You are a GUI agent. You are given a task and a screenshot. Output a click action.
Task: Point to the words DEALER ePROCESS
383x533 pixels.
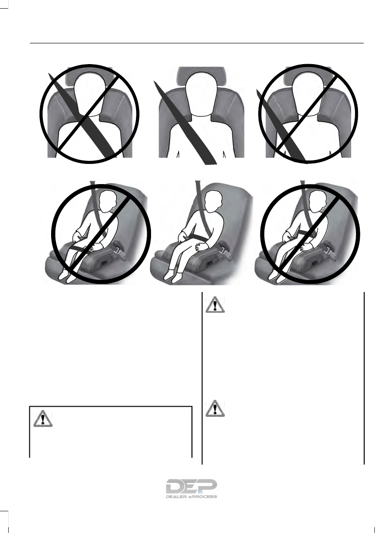tap(191, 496)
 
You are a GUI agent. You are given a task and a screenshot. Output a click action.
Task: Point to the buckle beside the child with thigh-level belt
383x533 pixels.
tap(119, 251)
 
